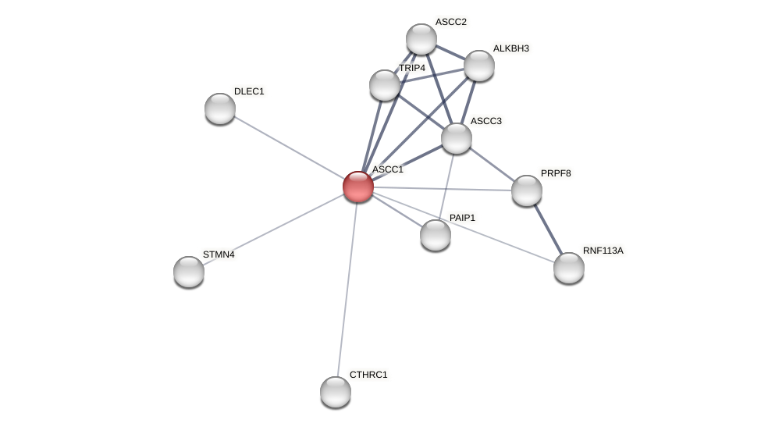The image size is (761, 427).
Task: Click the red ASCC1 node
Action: click(358, 187)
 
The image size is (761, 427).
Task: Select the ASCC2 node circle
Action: click(421, 39)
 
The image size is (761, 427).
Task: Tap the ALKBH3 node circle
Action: click(479, 66)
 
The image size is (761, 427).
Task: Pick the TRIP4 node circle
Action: click(385, 85)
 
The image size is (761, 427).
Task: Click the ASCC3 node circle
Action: click(457, 138)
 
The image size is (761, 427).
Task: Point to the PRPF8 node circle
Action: click(527, 190)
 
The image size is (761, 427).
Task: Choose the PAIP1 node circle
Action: click(436, 235)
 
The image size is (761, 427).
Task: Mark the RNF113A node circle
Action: click(569, 268)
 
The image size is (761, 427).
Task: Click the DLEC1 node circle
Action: click(220, 109)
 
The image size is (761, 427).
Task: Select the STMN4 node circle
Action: click(189, 272)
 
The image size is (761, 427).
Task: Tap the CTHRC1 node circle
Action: click(336, 392)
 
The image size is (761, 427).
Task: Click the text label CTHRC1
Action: click(368, 375)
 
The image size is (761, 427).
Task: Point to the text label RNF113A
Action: click(603, 251)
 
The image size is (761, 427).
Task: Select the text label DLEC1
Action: click(249, 91)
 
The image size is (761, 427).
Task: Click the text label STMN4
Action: click(219, 254)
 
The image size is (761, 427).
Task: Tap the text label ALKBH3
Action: click(510, 48)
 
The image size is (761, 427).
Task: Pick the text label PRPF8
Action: click(556, 173)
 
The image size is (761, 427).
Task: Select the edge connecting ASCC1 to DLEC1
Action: click(289, 148)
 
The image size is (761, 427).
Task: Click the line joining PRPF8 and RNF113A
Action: click(548, 230)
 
